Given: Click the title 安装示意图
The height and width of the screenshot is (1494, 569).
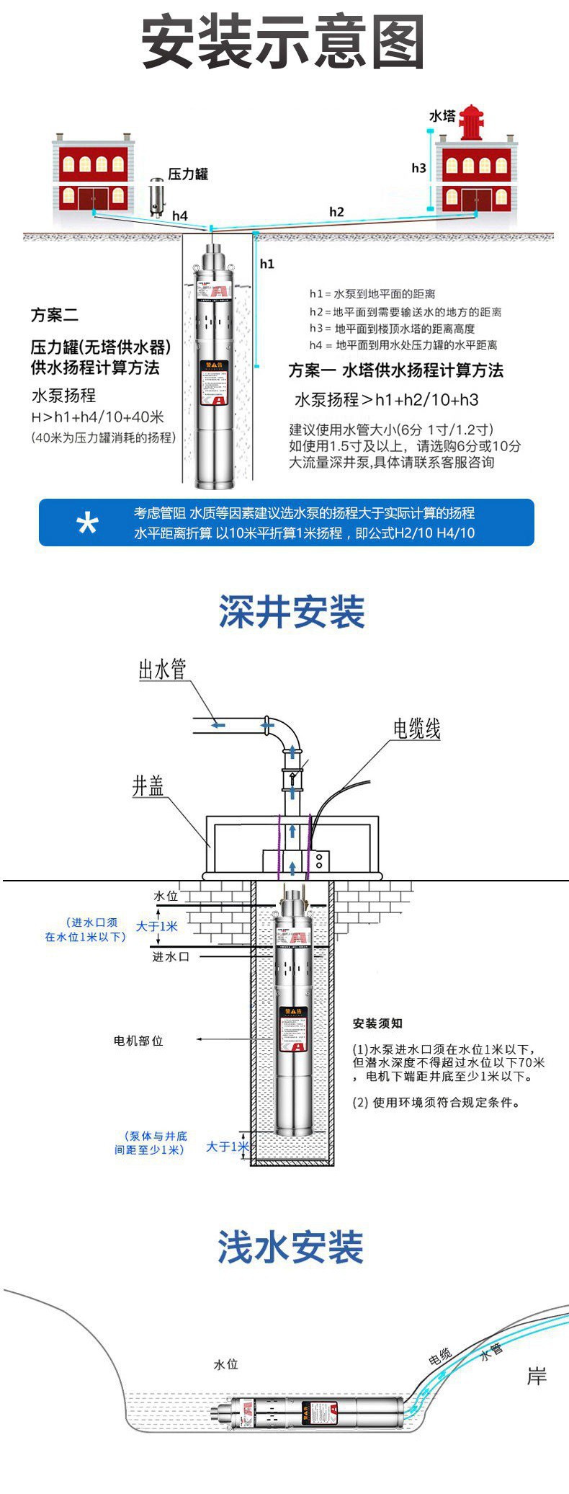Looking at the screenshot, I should coord(283,43).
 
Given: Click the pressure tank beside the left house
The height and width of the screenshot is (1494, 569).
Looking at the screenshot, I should coord(156,197).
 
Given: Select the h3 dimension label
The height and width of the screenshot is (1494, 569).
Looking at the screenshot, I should coord(418,168).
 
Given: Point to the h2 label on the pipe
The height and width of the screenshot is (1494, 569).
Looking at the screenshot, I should coord(336,211).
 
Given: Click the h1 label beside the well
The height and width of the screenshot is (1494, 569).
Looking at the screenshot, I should coord(266,264).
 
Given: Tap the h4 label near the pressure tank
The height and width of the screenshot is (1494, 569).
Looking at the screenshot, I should coord(179,215).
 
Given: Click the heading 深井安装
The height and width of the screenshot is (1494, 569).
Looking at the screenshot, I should coord(292,612).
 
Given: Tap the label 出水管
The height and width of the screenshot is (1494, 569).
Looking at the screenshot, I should coord(162,669).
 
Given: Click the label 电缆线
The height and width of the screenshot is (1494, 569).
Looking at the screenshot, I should coord(416,729).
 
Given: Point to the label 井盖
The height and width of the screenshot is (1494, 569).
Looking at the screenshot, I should coord(148,786).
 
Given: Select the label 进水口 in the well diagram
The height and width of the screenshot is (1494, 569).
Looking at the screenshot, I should coord(171,956).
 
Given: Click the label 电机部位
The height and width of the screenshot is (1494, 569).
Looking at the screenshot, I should coord(138,1041).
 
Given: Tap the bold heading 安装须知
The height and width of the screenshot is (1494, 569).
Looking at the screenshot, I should coord(377,1023).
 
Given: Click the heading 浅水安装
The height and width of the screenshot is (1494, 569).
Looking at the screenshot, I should coord(291,1248).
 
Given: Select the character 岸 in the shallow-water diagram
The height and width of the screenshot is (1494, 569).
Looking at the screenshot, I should coord(537,1377).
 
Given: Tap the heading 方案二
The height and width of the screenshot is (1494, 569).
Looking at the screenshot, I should coord(54,315).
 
